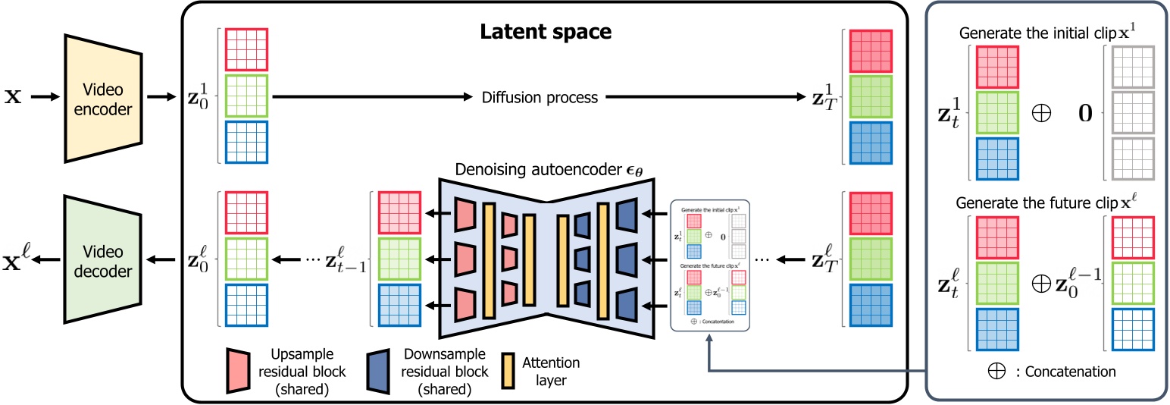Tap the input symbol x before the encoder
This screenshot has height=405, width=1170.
[14, 98]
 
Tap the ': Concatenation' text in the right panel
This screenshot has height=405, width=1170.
[1068, 372]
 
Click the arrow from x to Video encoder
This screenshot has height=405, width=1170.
[40, 98]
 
